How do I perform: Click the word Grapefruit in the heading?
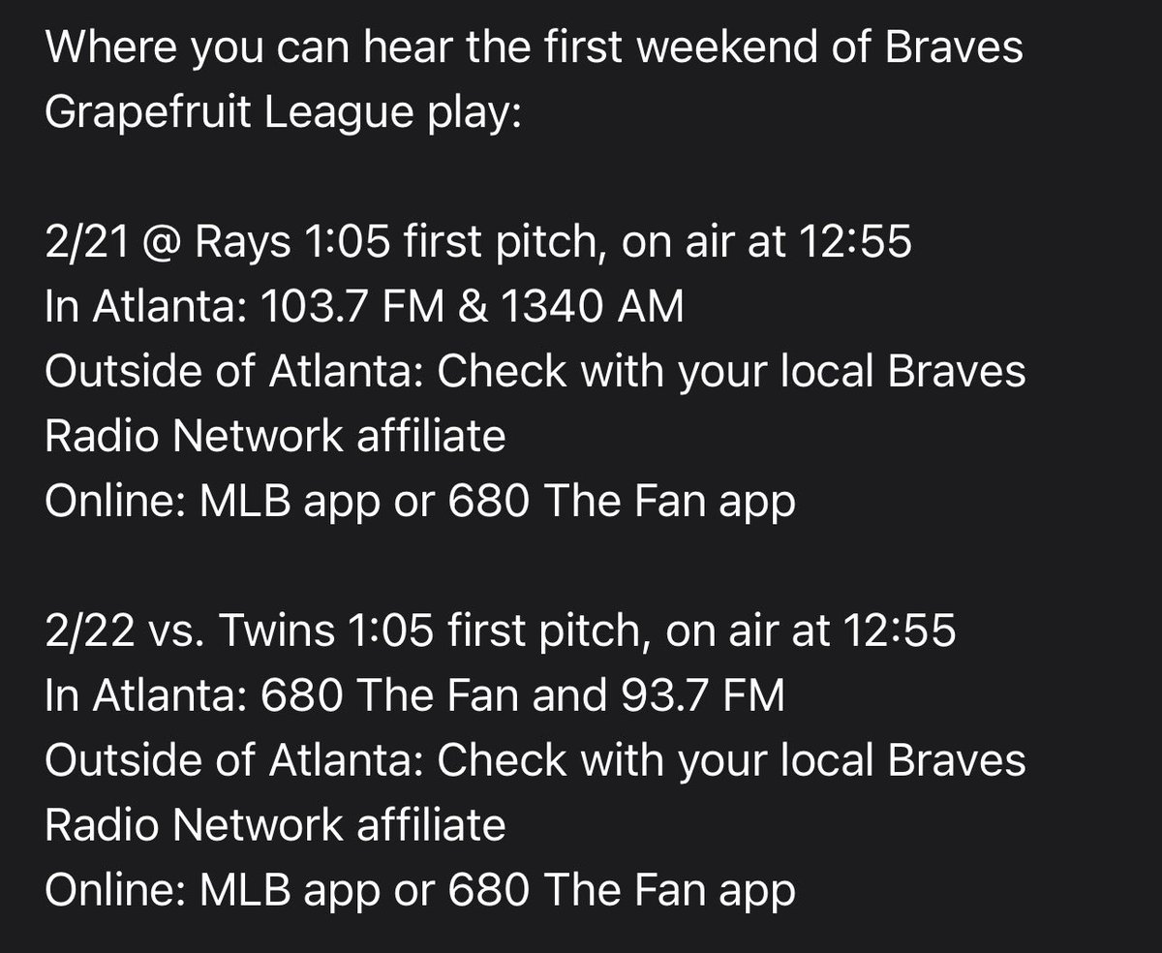click(146, 114)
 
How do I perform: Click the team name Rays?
click(243, 243)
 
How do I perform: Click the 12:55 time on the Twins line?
click(899, 631)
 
